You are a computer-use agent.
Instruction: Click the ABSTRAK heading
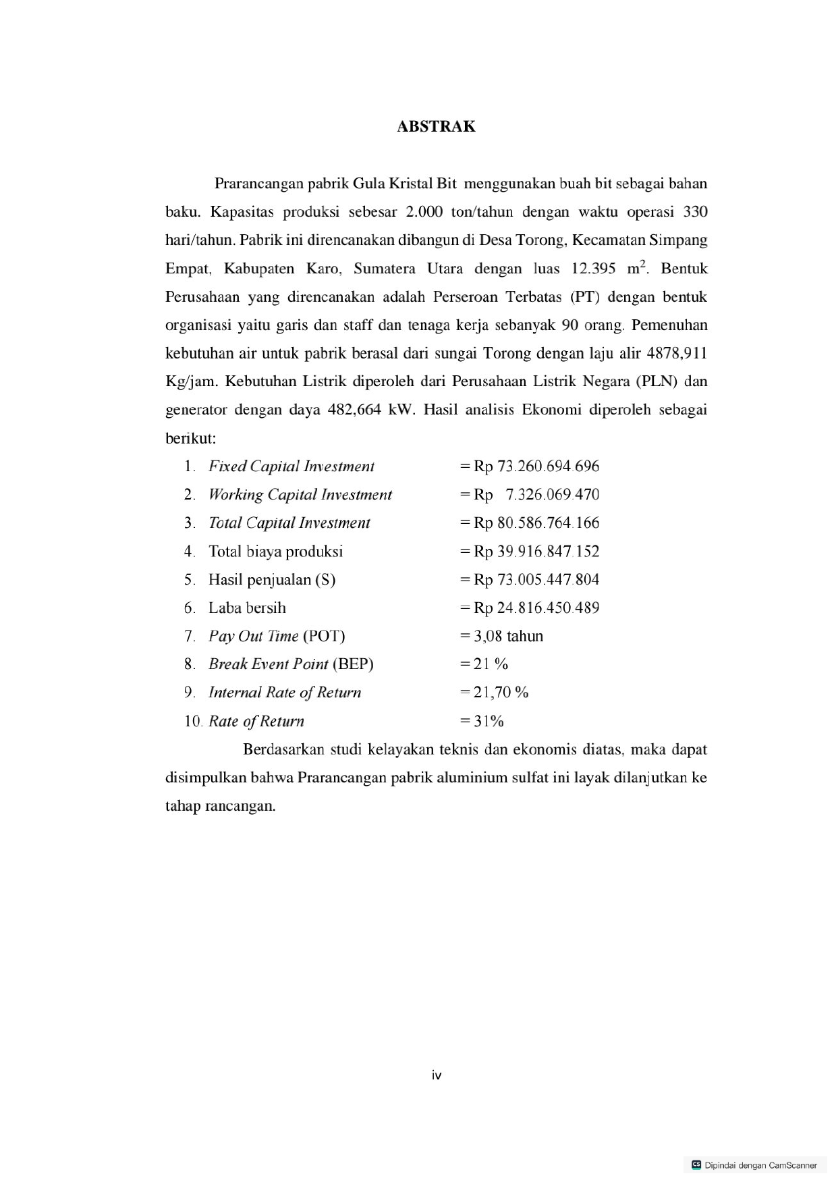coord(436,127)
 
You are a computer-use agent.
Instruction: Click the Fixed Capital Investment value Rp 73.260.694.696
coord(536,466)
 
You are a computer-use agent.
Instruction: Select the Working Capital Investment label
coord(300,495)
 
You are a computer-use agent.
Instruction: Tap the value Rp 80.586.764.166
coord(536,523)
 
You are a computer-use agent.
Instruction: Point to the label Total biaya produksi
coord(275,552)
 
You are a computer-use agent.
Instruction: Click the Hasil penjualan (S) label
coord(271,580)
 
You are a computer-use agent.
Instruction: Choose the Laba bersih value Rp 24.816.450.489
coord(536,608)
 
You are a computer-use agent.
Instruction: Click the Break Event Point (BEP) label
coord(291,664)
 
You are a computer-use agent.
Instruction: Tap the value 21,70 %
coord(501,693)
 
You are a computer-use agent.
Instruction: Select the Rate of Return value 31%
coord(489,722)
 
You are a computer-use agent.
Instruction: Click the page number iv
coord(437,1075)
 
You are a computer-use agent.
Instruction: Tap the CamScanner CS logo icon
coord(696,1164)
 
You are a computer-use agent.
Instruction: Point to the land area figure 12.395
coord(593,269)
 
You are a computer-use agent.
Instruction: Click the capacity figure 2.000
coord(424,212)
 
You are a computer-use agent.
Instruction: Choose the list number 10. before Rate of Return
coord(193,722)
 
